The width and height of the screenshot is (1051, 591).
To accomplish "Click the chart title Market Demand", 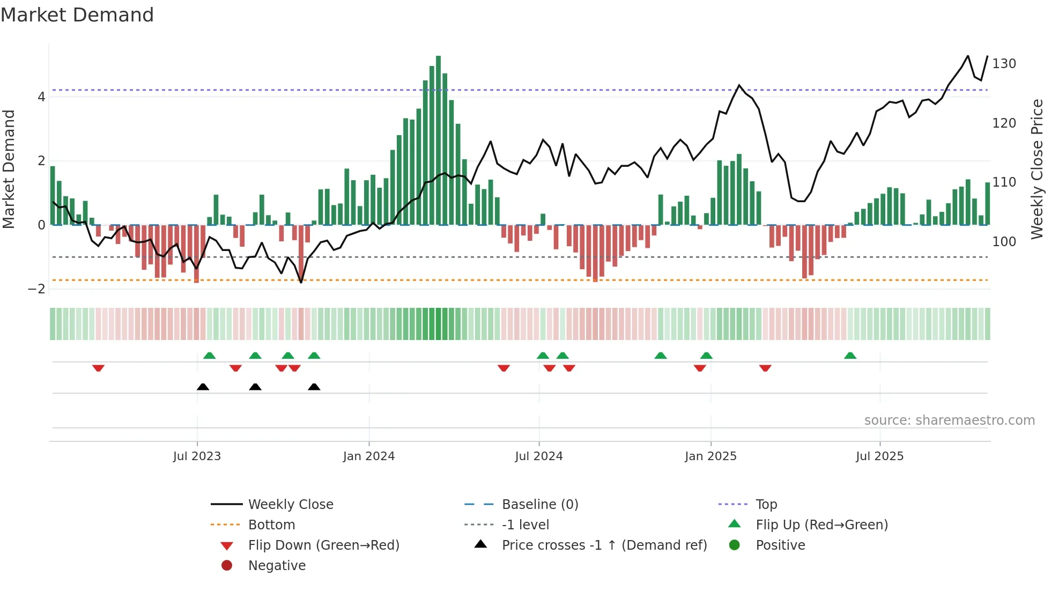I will pyautogui.click(x=77, y=15).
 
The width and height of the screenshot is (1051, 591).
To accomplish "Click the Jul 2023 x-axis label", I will pyautogui.click(x=197, y=456).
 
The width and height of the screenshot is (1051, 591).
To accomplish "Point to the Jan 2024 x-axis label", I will pyautogui.click(x=369, y=456).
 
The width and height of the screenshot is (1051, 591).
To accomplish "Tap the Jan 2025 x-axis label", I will pyautogui.click(x=710, y=456).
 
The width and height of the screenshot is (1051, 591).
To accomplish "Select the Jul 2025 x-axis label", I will pyautogui.click(x=879, y=456).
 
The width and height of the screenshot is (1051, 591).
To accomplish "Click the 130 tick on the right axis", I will pyautogui.click(x=1004, y=64).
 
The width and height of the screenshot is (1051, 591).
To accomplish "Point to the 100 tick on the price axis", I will pyautogui.click(x=1004, y=242).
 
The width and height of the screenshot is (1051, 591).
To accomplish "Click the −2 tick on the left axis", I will pyautogui.click(x=37, y=289).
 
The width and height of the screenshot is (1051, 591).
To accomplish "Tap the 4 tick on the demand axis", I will pyautogui.click(x=41, y=97).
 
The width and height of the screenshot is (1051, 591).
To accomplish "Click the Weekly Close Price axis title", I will pyautogui.click(x=1037, y=169).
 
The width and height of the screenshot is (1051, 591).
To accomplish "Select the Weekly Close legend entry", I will pyautogui.click(x=290, y=505).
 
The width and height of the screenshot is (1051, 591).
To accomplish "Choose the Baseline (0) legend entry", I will pyautogui.click(x=539, y=505).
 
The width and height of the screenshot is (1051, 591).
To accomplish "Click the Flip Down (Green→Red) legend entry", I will pyautogui.click(x=323, y=545).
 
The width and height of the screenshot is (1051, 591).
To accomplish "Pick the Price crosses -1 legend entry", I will pyautogui.click(x=604, y=545).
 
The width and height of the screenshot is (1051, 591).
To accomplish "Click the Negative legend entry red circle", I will pyautogui.click(x=227, y=566).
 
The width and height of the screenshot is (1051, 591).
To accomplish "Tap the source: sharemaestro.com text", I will pyautogui.click(x=949, y=420).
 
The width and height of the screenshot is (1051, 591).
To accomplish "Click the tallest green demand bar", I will pyautogui.click(x=438, y=139).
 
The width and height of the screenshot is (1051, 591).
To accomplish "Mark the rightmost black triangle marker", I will pyautogui.click(x=314, y=387).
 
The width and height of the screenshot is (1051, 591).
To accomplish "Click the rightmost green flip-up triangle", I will pyautogui.click(x=850, y=356).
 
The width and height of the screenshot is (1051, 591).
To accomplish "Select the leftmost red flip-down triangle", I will pyautogui.click(x=98, y=368).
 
